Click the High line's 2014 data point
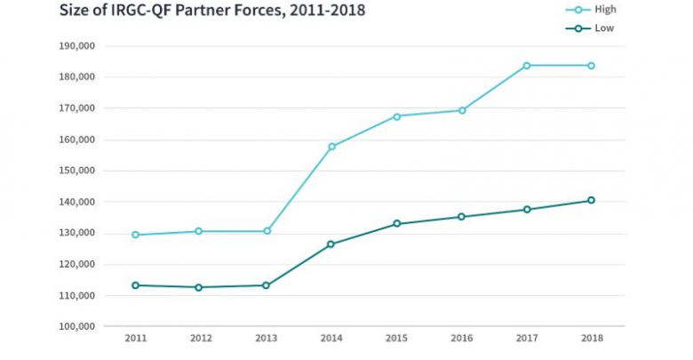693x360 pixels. pos(331,147)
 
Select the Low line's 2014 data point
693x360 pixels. pos(331,244)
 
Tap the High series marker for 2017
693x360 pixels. pos(527,66)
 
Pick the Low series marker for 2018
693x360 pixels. pos(592,200)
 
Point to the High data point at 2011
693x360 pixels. pos(136,235)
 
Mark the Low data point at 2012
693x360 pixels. pos(201,287)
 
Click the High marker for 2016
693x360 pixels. pos(462,110)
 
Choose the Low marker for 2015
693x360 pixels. pos(396,224)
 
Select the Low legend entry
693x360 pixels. pos(596,28)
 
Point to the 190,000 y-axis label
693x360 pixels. pos(76,45)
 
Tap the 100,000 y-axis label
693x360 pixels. pos(76,326)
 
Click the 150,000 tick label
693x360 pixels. pos(76,171)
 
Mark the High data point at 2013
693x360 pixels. pos(266,231)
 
